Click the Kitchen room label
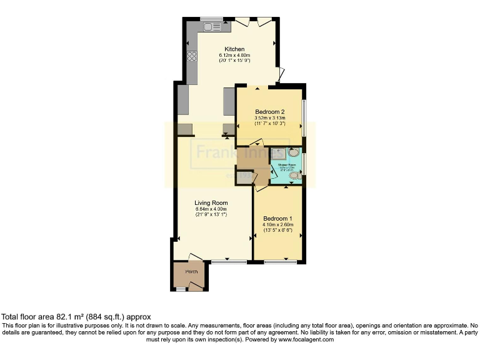point(234,49)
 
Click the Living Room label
point(210,202)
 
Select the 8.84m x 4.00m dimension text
point(210,209)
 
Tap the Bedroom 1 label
point(278,218)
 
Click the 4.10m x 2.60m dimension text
point(278,224)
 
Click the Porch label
point(191,271)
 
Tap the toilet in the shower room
point(295,177)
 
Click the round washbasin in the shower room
point(294,152)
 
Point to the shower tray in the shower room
point(278,153)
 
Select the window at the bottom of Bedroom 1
point(280,261)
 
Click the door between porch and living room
point(195,257)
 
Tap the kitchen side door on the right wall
point(282,75)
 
